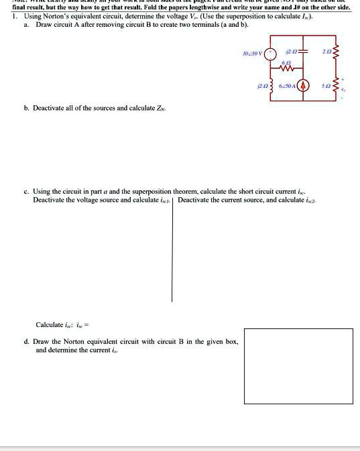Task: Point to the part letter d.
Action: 27,342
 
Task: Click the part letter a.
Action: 27,24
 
